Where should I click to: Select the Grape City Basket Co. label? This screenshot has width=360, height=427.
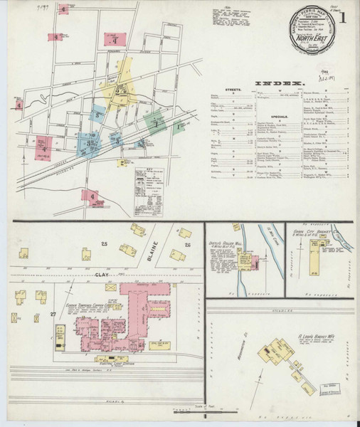click(313, 231)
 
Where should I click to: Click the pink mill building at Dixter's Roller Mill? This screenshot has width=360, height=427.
click(253, 263)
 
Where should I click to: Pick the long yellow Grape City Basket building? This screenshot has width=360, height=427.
click(314, 261)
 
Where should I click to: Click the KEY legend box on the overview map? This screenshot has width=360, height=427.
click(162, 190)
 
